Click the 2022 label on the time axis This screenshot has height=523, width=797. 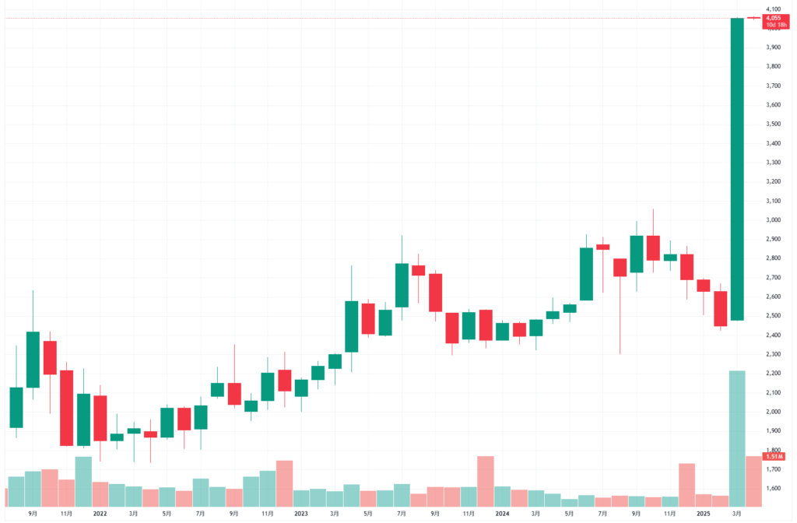(x=100, y=514)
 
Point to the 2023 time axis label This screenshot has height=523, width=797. (x=301, y=514)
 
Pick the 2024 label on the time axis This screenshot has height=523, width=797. (x=502, y=514)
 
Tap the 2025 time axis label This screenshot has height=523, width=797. (x=704, y=514)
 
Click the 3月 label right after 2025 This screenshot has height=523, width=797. (x=737, y=514)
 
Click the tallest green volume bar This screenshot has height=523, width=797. (x=737, y=440)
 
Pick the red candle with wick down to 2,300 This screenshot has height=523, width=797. (x=620, y=267)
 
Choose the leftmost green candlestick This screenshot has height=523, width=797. (x=16, y=407)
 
